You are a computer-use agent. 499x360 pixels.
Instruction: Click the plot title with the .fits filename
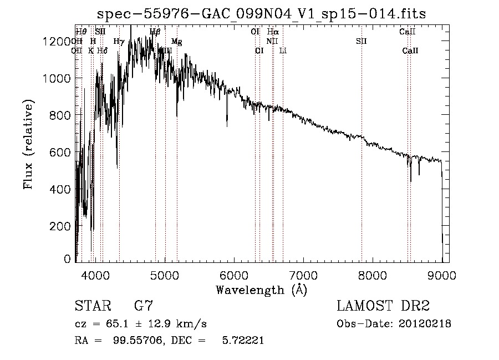pyautogui.click(x=262, y=14)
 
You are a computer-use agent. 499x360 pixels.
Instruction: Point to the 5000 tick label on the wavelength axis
pyautogui.click(x=165, y=275)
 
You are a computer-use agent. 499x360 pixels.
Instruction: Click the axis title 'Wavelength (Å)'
pyautogui.click(x=261, y=289)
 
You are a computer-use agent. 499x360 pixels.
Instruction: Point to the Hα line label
pyautogui.click(x=272, y=32)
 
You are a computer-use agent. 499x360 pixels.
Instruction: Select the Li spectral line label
pyautogui.click(x=283, y=50)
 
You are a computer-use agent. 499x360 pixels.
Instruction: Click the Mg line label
pyautogui.click(x=176, y=42)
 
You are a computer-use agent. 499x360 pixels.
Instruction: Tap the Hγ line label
pyautogui.click(x=119, y=42)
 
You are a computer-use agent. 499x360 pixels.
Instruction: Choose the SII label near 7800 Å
pyautogui.click(x=361, y=42)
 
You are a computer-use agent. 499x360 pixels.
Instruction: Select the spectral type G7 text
pyautogui.click(x=143, y=306)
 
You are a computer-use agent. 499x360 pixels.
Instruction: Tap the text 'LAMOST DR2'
pyautogui.click(x=383, y=306)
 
